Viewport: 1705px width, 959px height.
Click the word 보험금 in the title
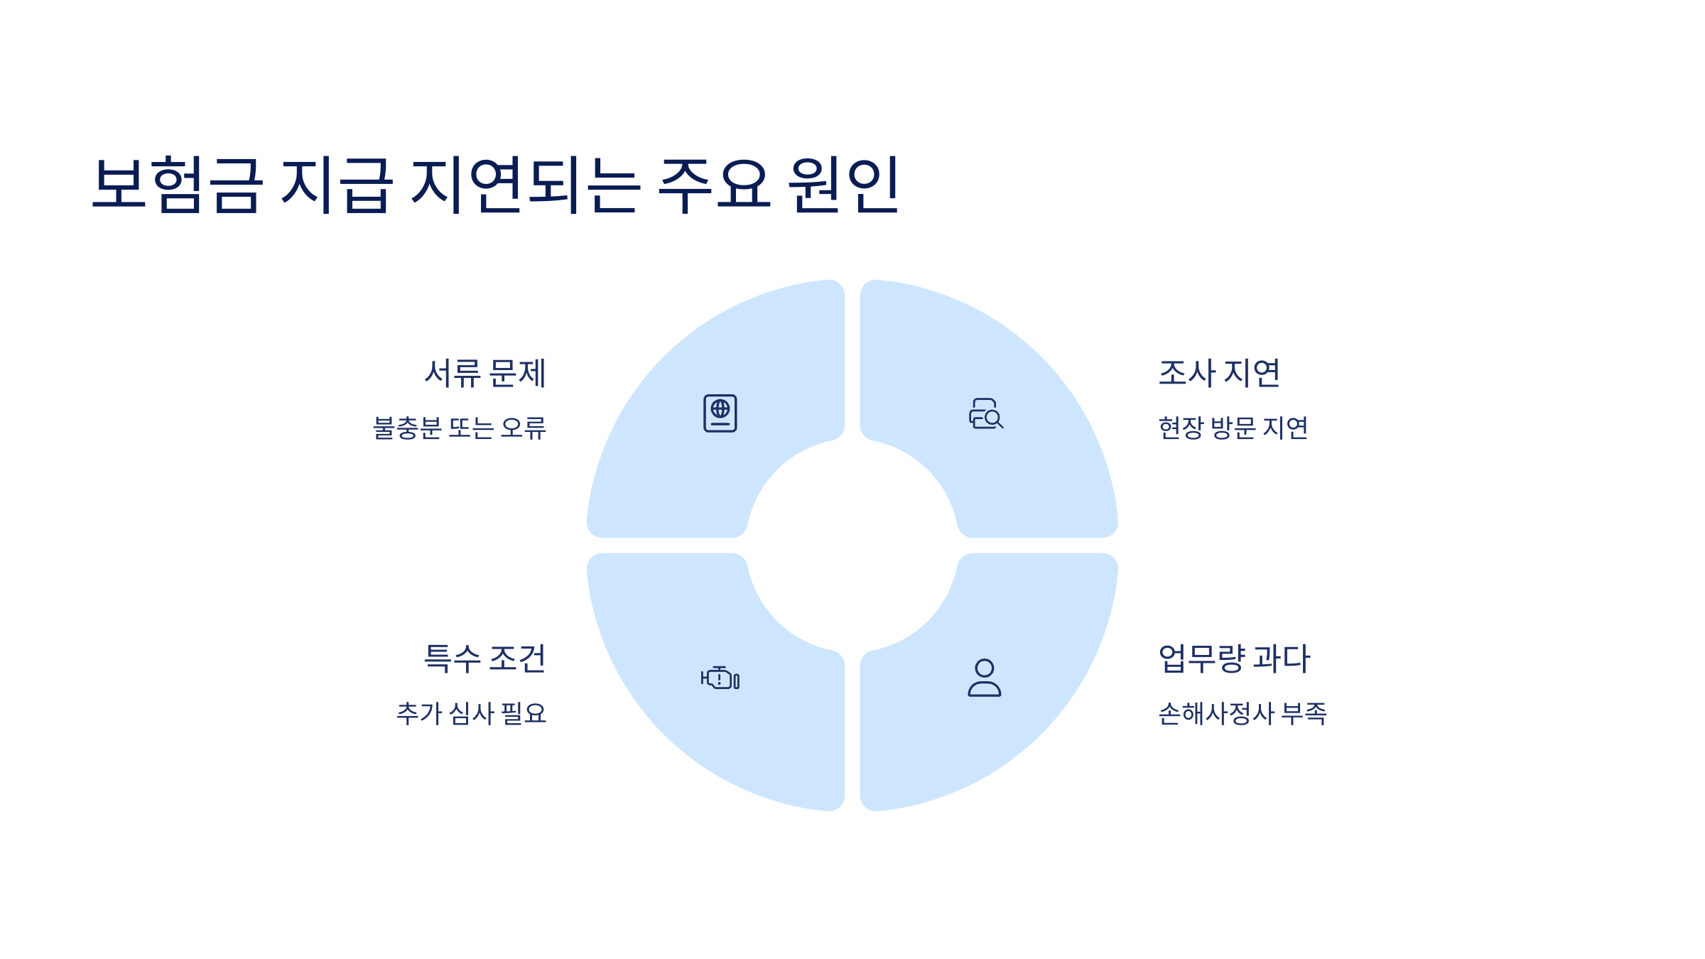(x=178, y=185)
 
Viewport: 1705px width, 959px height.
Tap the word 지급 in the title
(x=337, y=185)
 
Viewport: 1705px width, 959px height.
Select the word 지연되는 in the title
(x=526, y=185)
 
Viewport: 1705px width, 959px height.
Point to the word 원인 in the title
(x=844, y=185)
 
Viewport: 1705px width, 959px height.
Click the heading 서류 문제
(x=485, y=374)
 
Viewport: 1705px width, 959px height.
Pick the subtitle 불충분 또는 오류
(x=460, y=428)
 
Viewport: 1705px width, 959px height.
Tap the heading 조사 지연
(x=1219, y=374)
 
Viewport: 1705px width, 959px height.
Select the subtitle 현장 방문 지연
(x=1233, y=428)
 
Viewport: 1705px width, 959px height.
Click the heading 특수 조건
(x=485, y=659)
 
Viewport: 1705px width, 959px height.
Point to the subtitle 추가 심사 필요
(x=472, y=714)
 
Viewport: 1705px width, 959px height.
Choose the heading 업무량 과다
(x=1235, y=659)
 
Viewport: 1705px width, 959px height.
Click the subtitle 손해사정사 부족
(x=1243, y=714)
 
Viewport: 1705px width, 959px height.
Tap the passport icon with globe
(x=720, y=413)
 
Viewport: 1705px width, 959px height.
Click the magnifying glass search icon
(x=986, y=413)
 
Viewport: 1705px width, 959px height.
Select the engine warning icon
(x=720, y=678)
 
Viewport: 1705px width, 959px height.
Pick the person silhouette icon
(x=985, y=678)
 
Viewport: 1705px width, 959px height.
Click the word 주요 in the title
(x=715, y=185)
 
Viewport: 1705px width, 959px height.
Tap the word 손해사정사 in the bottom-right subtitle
(x=1216, y=714)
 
